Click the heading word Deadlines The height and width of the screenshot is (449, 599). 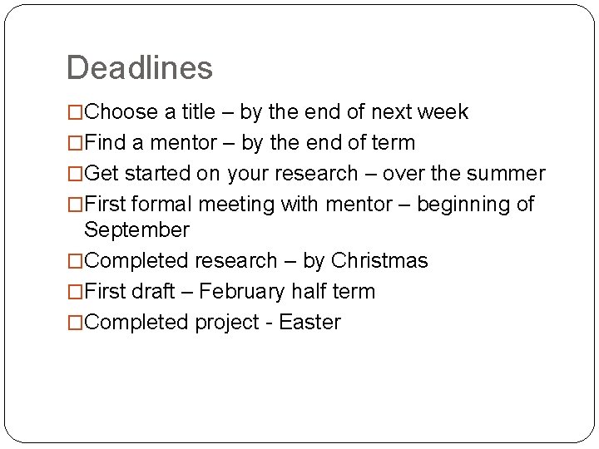click(139, 67)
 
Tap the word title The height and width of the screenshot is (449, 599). click(196, 112)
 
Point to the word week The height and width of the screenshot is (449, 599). click(442, 112)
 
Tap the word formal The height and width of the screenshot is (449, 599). click(161, 205)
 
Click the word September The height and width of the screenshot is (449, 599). click(136, 230)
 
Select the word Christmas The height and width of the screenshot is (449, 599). click(379, 261)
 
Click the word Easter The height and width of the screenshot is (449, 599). click(310, 323)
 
